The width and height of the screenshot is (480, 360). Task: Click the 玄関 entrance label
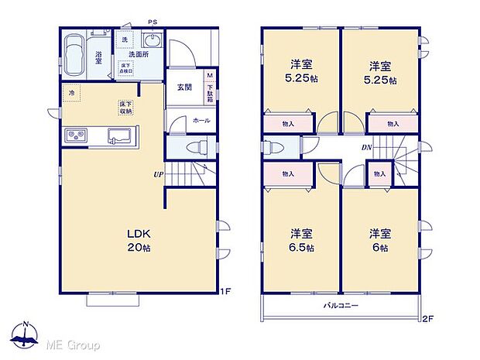pos(183,86)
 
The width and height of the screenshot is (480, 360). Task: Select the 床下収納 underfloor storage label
pos(126,108)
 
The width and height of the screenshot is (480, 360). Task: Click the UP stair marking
pos(158,174)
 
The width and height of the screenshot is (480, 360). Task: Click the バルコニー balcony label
pos(341,306)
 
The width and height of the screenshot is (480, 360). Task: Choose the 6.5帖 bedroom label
pos(302,240)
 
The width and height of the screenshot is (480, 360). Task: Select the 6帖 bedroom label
pos(379,240)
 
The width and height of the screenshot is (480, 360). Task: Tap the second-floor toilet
pos(276,146)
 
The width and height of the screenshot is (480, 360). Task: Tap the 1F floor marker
pos(225,291)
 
